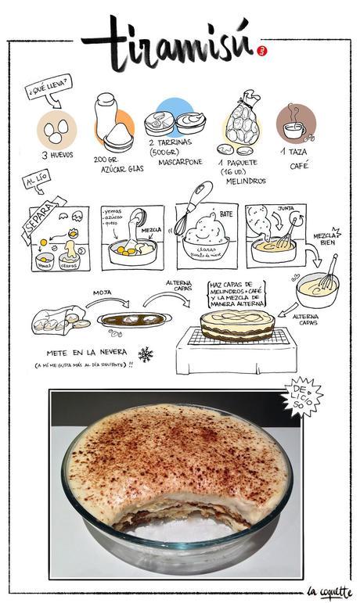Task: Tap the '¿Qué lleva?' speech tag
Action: click(x=49, y=88)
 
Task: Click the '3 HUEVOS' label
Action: click(x=58, y=155)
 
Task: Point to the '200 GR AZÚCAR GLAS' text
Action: click(x=118, y=163)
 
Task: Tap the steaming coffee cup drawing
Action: click(x=295, y=124)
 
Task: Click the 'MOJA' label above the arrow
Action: click(x=102, y=293)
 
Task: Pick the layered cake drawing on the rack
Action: click(x=236, y=324)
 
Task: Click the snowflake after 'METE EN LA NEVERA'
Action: click(x=146, y=354)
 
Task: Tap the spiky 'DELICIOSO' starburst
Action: click(x=301, y=396)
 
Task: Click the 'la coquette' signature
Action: click(x=329, y=591)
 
